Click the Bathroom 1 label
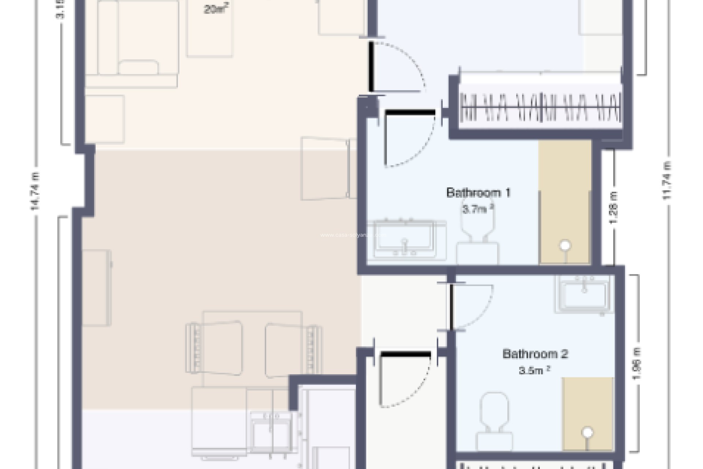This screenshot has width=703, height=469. pyautogui.click(x=478, y=193)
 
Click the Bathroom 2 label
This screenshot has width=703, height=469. pyautogui.click(x=535, y=354)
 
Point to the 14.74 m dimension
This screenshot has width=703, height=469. pyautogui.click(x=36, y=191)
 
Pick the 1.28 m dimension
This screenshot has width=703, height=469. pyautogui.click(x=614, y=208)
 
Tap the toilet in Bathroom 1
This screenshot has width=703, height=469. pyautogui.click(x=477, y=238)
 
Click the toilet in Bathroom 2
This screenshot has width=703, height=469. pyautogui.click(x=494, y=421)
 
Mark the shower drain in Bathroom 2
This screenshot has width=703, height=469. pyautogui.click(x=588, y=433)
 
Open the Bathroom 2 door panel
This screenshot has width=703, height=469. pyautogui.click(x=452, y=307)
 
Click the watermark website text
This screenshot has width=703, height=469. pyautogui.click(x=353, y=235)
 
